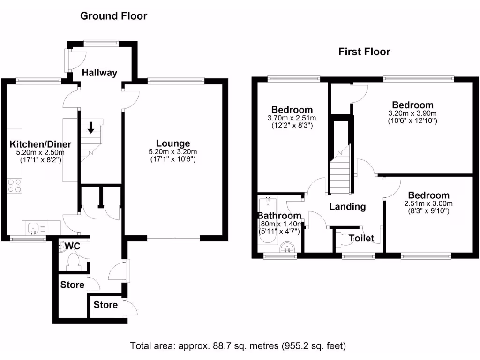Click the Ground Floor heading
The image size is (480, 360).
click(113, 16)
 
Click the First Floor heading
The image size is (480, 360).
click(364, 52)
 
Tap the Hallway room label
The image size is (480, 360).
click(99, 73)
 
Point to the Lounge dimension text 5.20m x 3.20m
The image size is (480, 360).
click(173, 151)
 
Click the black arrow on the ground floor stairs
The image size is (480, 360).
click(90, 126)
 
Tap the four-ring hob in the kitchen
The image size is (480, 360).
click(14, 186)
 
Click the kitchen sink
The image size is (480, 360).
click(34, 229)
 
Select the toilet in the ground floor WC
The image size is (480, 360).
click(74, 262)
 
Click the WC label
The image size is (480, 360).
click(72, 246)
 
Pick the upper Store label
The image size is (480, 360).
click(72, 285)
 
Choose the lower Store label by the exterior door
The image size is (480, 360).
click(105, 305)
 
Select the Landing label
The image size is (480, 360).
click(347, 206)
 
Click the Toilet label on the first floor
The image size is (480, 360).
click(362, 239)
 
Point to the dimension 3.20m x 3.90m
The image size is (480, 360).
click(412, 113)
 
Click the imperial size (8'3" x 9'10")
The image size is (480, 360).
click(428, 211)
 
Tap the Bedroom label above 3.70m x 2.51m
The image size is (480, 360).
click(292, 110)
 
